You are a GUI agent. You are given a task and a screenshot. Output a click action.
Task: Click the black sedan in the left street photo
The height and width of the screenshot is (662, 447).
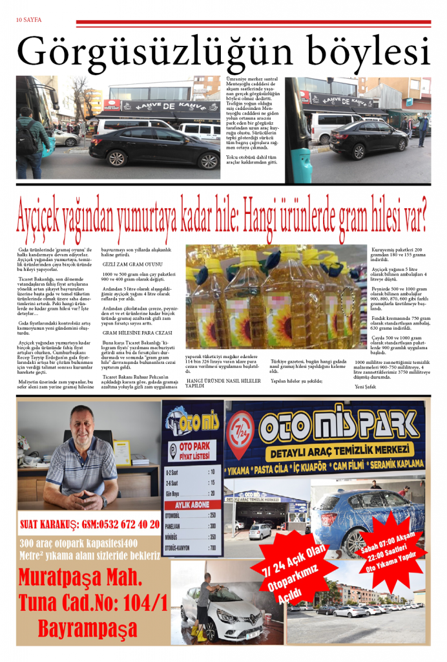coord(154,146)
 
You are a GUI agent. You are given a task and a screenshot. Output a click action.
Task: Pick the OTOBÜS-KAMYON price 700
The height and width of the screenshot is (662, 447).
coord(212,547)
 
